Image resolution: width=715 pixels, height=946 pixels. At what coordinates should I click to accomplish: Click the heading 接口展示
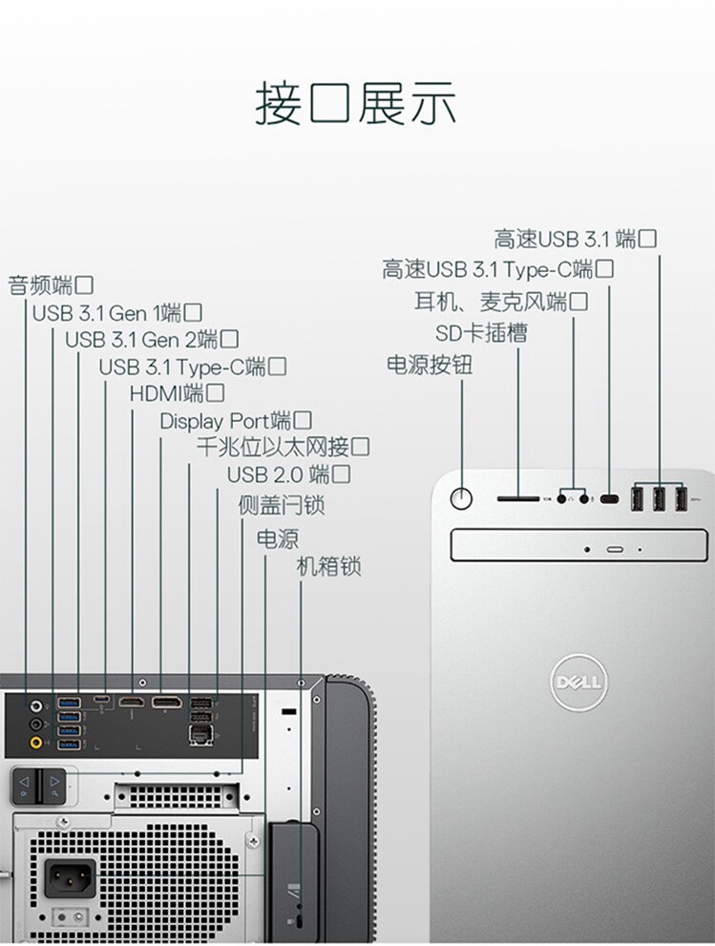tap(356, 104)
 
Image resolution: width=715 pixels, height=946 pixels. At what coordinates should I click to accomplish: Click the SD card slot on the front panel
tap(517, 497)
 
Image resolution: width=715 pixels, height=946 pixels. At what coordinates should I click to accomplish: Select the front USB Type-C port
tap(610, 497)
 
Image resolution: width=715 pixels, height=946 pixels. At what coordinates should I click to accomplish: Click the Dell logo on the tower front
tap(577, 683)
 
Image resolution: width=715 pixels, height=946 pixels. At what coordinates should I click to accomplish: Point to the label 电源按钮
tap(429, 365)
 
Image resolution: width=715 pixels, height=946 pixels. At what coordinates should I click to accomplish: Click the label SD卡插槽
tap(480, 333)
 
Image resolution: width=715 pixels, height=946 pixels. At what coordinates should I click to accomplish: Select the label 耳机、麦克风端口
tap(500, 302)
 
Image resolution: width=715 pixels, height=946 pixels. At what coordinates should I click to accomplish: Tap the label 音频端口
tap(51, 284)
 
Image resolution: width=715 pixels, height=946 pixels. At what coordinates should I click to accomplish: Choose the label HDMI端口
tap(178, 392)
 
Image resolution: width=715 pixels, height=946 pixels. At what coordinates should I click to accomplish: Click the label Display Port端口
tap(236, 420)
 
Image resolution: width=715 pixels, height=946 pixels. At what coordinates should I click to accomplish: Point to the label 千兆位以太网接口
tap(283, 447)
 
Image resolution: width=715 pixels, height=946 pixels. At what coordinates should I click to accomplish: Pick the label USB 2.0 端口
tap(288, 474)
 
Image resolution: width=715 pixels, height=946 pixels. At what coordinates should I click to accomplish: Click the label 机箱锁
tap(328, 566)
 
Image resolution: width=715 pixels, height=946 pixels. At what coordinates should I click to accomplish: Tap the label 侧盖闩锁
tap(281, 505)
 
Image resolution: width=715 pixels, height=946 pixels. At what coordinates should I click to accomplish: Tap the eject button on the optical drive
tap(614, 550)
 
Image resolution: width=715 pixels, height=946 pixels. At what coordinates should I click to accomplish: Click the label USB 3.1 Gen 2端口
tap(152, 339)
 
